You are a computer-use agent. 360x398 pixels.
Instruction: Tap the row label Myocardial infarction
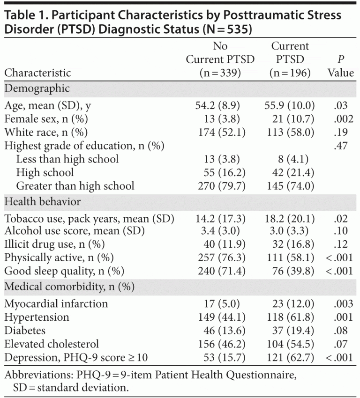(x=56, y=303)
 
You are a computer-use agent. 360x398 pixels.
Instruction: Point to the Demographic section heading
(x=37, y=88)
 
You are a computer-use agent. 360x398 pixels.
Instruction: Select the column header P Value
(x=341, y=66)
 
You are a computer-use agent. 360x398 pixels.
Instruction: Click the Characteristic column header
(x=38, y=73)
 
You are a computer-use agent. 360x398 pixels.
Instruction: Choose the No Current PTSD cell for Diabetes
(x=220, y=331)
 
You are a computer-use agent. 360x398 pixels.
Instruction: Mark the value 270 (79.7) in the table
(x=220, y=186)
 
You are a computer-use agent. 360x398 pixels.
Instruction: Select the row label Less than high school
(x=67, y=159)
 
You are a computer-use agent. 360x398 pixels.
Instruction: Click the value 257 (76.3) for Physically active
(x=220, y=257)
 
